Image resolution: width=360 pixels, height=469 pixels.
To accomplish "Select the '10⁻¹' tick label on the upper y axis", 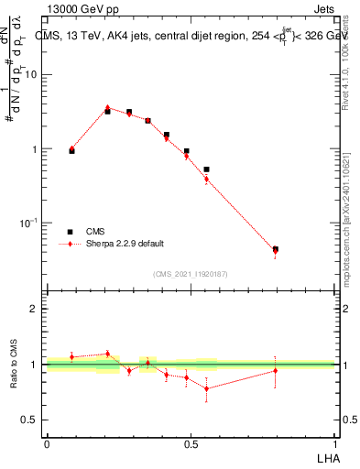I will click(x=30, y=223).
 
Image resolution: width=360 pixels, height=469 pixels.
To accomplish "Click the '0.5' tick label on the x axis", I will click(x=191, y=443).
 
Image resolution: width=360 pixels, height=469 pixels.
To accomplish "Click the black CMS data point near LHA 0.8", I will click(x=275, y=249).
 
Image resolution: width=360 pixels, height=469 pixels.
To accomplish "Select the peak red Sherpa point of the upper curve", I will click(x=107, y=108).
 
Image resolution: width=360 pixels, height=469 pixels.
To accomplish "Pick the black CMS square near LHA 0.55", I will click(x=206, y=169).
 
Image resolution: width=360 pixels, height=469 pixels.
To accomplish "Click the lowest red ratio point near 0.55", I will click(x=206, y=388).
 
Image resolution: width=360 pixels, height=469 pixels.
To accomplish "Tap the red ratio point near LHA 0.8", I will click(x=275, y=370).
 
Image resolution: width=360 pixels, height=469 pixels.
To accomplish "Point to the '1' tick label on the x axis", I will click(x=334, y=443).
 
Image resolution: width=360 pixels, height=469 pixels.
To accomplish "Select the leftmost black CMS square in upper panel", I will click(x=72, y=150).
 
